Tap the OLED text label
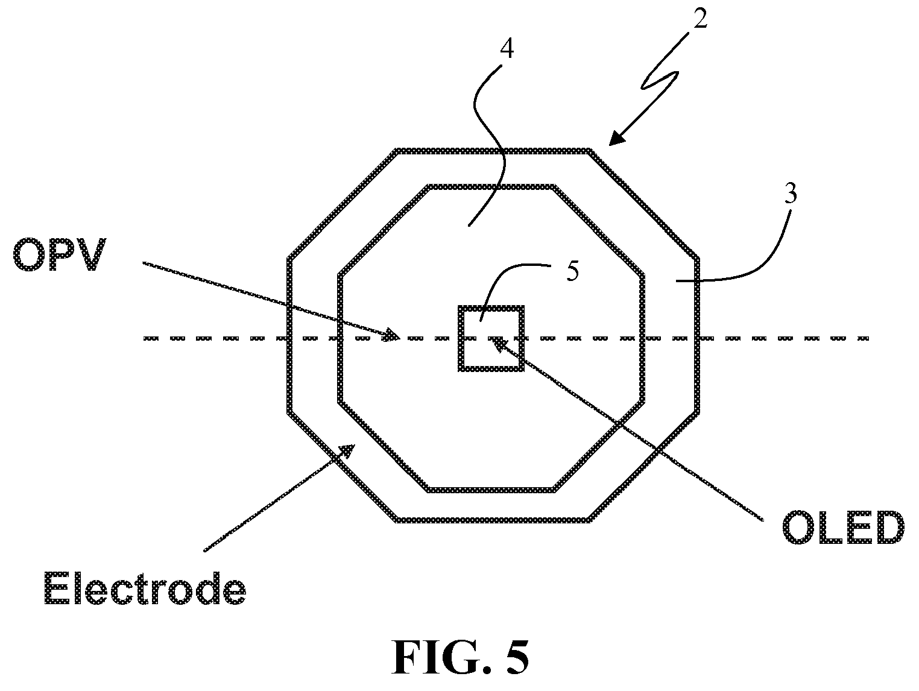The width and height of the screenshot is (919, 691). [x=842, y=527]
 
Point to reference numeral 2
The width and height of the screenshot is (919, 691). [x=700, y=18]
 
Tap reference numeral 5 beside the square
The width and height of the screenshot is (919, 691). [x=572, y=271]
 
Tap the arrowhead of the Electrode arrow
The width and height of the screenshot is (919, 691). [x=347, y=450]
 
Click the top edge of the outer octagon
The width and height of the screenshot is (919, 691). [x=493, y=150]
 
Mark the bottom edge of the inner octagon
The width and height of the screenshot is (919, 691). [x=490, y=490]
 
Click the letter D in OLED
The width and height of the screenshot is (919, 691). [x=888, y=527]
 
